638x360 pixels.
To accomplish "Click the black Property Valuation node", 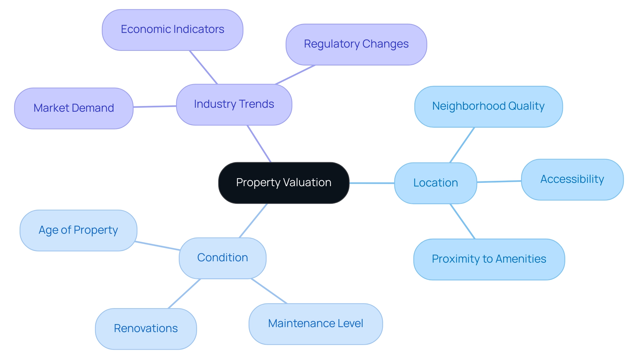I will coord(283,182).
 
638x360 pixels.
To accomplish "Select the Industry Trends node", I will coord(234,104).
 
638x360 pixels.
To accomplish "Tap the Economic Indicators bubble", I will coord(172,30).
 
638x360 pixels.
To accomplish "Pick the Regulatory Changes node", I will coord(356,44).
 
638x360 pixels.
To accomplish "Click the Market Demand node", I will coord(74,108).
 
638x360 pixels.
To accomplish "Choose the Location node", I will coord(435,183).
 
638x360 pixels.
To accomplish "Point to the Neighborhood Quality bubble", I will coord(488,106).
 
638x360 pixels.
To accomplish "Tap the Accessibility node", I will coord(572,180).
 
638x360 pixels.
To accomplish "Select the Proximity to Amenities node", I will coord(489,259).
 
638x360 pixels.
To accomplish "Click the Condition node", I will coord(222,258).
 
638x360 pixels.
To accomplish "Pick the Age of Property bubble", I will coord(78,230).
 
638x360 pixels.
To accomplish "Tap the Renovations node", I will coord(146,328).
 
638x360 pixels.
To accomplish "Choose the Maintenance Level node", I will coord(315,323).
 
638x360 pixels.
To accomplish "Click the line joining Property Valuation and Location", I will coord(372,183).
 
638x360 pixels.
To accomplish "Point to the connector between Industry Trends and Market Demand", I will coord(155,106).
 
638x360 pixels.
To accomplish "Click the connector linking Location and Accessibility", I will coord(499,181).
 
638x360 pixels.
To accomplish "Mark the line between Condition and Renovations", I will coord(184,294).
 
